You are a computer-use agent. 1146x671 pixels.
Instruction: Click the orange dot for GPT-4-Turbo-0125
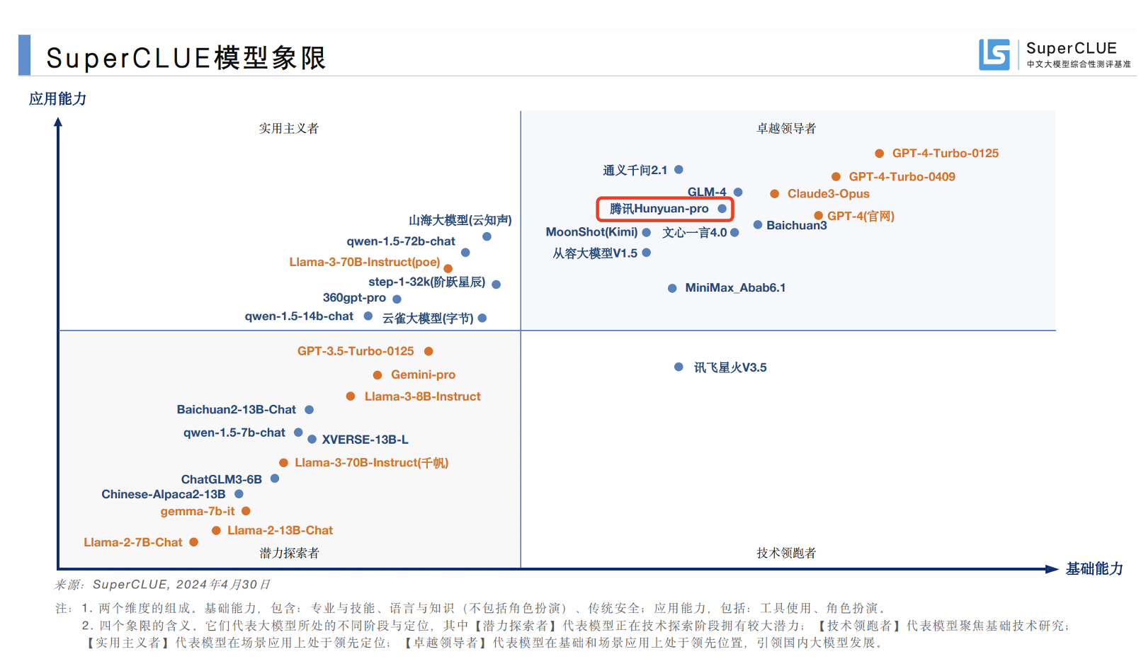pos(879,153)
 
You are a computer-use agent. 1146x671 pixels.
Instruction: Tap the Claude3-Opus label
pos(828,194)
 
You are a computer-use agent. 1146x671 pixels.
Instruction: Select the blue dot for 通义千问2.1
pos(679,169)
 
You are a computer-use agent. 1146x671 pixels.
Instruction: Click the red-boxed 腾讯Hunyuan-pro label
pos(659,209)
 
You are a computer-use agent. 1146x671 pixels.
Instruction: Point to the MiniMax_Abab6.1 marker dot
pos(672,288)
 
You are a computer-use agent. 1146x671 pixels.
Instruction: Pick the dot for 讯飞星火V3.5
pos(679,367)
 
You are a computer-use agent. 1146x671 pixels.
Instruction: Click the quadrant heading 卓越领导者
pos(786,128)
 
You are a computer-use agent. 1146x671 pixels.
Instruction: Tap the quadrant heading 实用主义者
pos(288,128)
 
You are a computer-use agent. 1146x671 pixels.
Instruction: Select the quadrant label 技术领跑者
pos(786,553)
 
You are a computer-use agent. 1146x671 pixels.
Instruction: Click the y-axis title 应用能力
pos(57,98)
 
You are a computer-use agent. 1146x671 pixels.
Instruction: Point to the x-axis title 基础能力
pos(1094,568)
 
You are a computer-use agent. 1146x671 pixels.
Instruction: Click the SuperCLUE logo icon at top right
pos(994,55)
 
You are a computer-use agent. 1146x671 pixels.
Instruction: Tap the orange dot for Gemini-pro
pos(378,375)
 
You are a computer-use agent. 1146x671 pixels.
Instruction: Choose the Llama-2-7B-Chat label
pos(133,542)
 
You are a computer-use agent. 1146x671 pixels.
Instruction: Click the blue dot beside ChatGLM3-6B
pos(275,478)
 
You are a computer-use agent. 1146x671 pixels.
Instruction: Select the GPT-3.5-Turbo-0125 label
pos(356,351)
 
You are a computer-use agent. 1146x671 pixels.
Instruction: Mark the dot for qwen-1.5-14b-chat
pos(368,316)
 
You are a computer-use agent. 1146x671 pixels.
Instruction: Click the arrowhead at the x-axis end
pos(1052,568)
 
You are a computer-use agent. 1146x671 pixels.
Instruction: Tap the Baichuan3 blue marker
pos(758,224)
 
